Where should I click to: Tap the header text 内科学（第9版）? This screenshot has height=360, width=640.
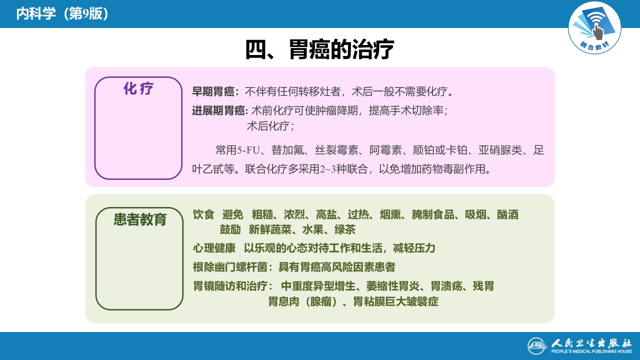pos(62,13)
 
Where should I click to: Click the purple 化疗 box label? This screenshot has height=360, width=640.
pos(138,89)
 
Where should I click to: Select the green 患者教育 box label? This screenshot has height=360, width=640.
pos(140,219)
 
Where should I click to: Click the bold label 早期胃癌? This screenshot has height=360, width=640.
pos(213,92)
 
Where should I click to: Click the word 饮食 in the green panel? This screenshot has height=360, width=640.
pos(203,215)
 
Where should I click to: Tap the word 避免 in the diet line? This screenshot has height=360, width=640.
pos(233,215)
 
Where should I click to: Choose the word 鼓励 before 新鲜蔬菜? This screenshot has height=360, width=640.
pos(230,230)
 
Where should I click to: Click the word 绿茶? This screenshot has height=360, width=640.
pos(344,230)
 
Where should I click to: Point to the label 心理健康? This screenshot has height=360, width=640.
pos(214,248)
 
